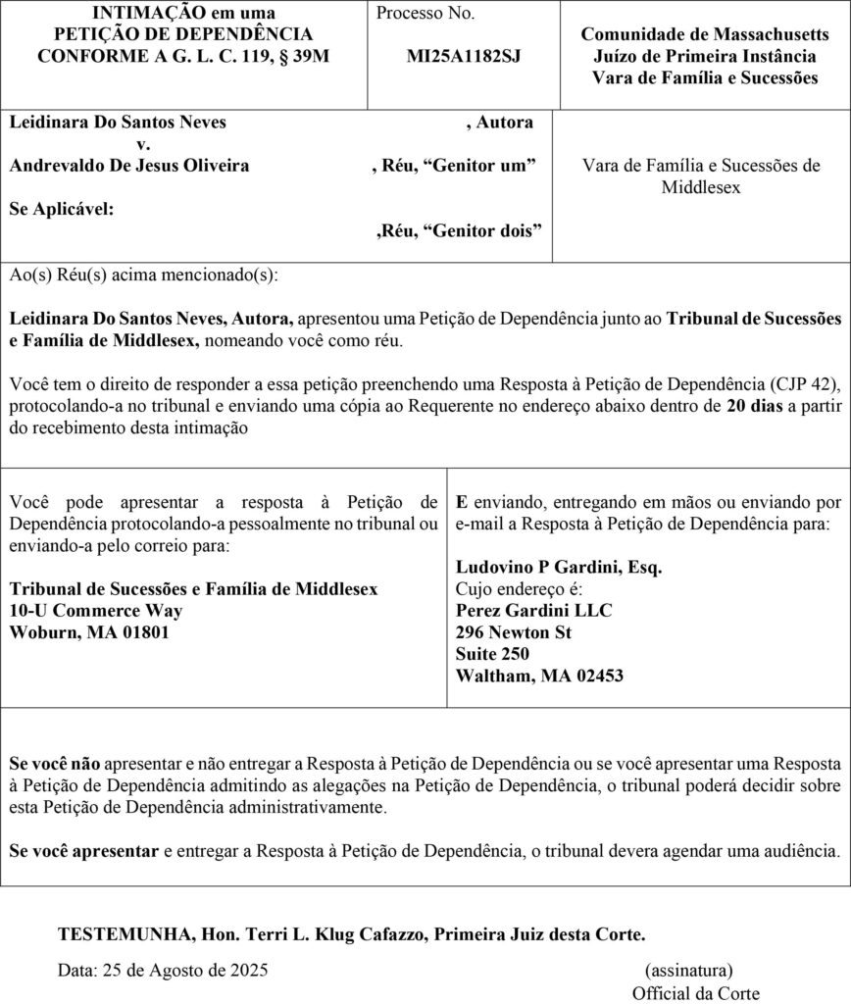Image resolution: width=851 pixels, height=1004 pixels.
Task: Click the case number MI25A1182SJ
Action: pyautogui.click(x=464, y=56)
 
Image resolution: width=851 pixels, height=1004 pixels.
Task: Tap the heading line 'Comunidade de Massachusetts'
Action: pyautogui.click(x=705, y=34)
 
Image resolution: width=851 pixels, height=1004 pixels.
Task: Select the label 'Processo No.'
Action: pyautogui.click(x=425, y=13)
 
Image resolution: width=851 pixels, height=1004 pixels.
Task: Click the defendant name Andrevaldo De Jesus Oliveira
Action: pyautogui.click(x=128, y=166)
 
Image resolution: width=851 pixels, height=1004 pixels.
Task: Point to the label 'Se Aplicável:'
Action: pyautogui.click(x=60, y=209)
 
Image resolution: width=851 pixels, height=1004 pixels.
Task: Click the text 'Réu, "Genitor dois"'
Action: pyautogui.click(x=459, y=231)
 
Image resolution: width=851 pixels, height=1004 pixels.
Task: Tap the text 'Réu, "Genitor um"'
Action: pyautogui.click(x=454, y=166)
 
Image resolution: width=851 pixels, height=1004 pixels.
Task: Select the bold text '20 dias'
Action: pyautogui.click(x=754, y=406)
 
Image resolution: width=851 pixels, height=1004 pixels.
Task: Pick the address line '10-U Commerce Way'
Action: pyautogui.click(x=95, y=610)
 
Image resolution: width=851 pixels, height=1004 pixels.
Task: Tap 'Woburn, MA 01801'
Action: pyautogui.click(x=88, y=631)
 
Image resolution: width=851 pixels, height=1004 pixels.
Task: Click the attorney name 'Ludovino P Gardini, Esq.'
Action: pyautogui.click(x=559, y=567)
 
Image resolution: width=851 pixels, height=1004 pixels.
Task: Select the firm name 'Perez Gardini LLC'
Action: pyautogui.click(x=534, y=610)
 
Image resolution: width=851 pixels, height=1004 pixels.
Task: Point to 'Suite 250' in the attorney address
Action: pyautogui.click(x=492, y=654)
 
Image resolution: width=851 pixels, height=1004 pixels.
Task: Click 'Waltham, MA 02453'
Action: pyautogui.click(x=539, y=676)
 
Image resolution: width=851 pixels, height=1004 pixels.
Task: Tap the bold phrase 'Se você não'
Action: pyautogui.click(x=54, y=764)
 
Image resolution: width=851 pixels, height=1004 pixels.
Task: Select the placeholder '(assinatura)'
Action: pyautogui.click(x=688, y=971)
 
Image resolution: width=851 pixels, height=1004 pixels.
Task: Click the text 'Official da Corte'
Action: pyautogui.click(x=695, y=992)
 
